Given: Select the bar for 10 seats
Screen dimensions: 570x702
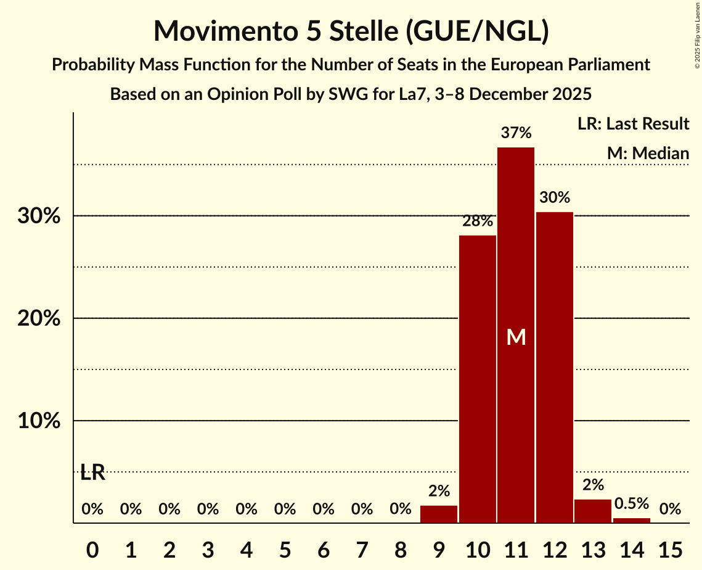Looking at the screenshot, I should click(478, 379).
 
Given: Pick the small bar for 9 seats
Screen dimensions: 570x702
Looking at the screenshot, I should click(439, 514).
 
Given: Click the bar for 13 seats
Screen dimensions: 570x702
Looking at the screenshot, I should click(593, 511).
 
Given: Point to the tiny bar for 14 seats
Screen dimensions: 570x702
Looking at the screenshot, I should click(632, 520).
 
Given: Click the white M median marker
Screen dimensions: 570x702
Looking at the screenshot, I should click(516, 337).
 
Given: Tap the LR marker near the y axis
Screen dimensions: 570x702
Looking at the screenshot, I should click(92, 473).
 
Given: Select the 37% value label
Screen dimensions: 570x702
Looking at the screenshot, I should click(516, 133).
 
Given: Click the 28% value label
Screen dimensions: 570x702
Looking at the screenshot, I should click(478, 221).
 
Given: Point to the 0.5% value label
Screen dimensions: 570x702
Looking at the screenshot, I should click(632, 503).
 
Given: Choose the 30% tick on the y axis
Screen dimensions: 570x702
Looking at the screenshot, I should click(43, 217).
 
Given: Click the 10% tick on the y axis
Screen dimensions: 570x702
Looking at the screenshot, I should click(43, 421).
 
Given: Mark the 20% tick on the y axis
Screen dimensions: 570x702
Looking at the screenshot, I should click(43, 319).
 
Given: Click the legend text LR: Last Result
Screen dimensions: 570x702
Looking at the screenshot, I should click(633, 124).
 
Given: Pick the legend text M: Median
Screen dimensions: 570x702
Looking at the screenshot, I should click(648, 153).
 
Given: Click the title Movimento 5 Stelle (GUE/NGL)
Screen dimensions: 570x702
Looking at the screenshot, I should click(351, 31).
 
